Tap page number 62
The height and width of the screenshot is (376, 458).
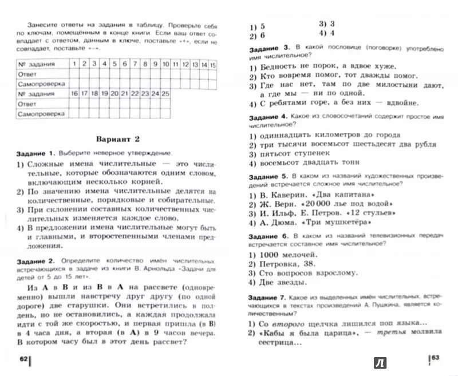coord(23,359)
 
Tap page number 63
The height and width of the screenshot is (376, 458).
coord(434,359)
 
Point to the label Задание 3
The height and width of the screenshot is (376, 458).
coord(268,49)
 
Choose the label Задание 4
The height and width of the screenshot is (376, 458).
coord(268,116)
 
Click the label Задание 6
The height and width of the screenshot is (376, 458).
coord(268,237)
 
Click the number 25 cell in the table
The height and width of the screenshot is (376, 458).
coord(165,93)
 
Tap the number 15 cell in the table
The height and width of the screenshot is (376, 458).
coord(212,64)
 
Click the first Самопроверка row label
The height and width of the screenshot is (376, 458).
coord(39,84)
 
